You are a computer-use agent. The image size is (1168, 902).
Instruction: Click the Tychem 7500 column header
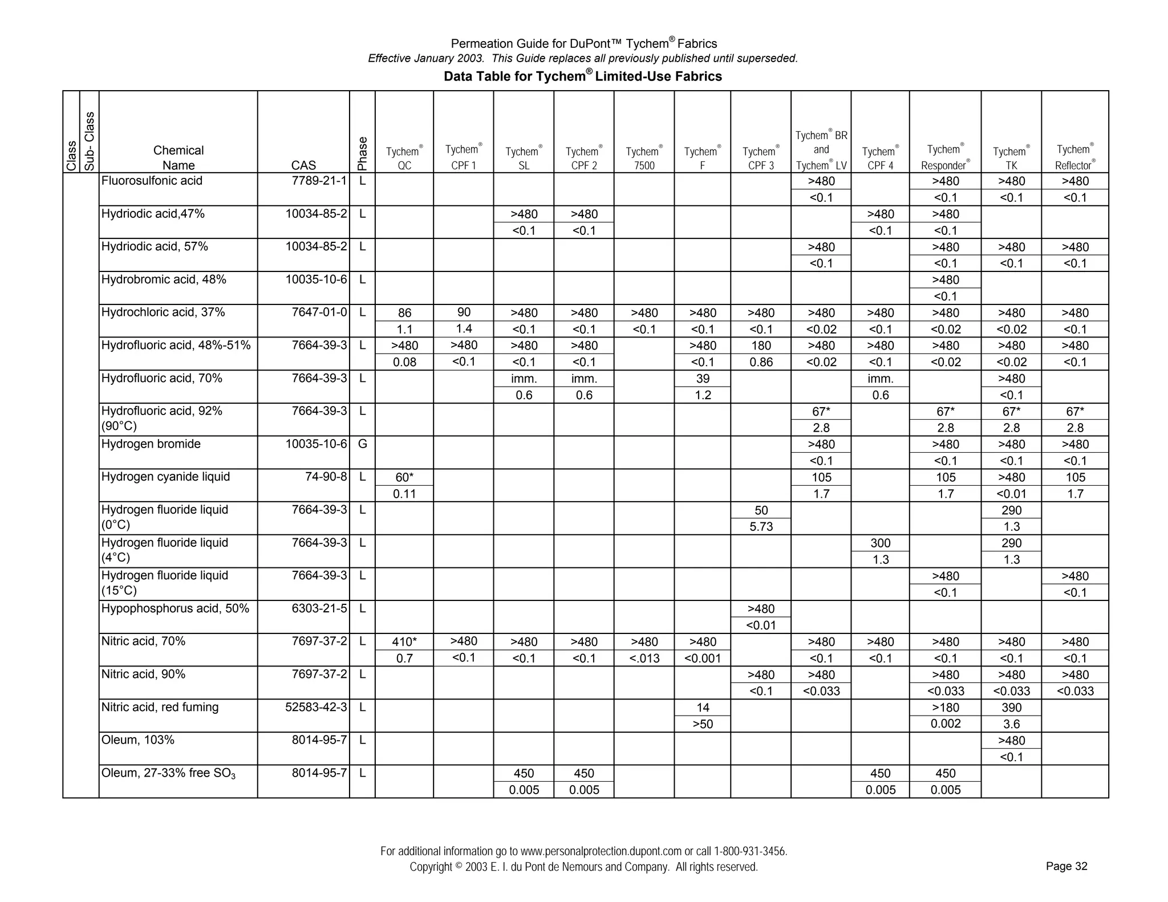(644, 158)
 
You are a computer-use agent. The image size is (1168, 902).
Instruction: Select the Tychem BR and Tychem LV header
(821, 150)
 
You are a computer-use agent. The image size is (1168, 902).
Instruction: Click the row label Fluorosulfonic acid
(152, 181)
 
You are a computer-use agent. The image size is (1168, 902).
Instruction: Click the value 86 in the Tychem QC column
(404, 313)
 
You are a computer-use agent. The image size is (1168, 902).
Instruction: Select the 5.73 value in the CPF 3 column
(761, 526)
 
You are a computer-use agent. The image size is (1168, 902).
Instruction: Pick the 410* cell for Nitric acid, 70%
(404, 642)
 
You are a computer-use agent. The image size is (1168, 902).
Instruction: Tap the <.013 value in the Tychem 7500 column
(644, 659)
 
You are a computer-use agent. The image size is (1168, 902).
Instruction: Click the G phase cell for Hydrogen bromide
(362, 444)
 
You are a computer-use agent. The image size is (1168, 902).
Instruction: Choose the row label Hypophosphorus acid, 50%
(175, 608)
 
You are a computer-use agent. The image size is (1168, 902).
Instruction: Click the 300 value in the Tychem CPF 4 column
(880, 543)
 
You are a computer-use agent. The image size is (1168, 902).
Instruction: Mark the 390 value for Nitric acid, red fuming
(1011, 708)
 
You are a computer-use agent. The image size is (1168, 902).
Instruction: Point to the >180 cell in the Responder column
(945, 708)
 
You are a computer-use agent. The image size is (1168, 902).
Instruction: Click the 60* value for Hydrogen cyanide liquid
(404, 477)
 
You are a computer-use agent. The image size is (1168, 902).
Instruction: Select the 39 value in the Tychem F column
(703, 379)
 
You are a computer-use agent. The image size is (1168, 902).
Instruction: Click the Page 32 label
(1066, 866)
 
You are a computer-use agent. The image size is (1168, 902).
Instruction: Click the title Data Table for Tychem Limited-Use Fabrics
(582, 76)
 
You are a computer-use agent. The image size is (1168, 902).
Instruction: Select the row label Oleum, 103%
(137, 740)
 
